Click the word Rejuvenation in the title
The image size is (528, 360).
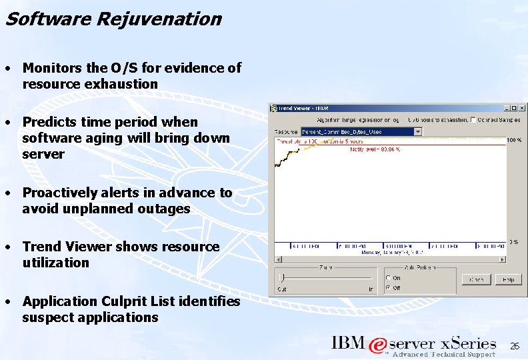159,19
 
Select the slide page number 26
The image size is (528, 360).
514,347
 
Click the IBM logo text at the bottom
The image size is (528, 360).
349,344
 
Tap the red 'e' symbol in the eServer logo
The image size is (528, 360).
377,345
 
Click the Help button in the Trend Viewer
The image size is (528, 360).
508,280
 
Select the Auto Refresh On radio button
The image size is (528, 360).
389,278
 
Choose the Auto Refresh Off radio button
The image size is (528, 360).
389,288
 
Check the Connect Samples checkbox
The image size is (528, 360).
473,120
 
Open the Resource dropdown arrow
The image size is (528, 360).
418,131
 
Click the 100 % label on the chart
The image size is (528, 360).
515,141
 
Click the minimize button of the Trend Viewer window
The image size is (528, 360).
507,108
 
